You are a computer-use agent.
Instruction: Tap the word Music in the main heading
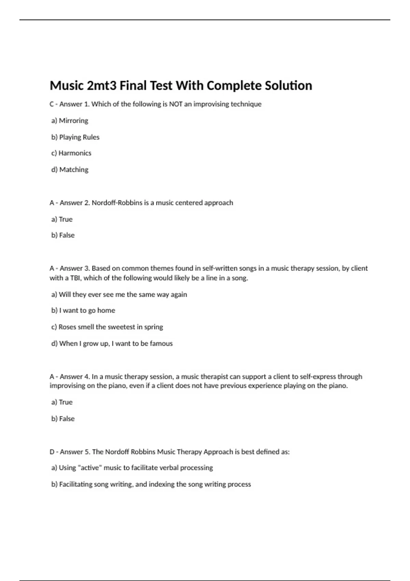pyautogui.click(x=67, y=85)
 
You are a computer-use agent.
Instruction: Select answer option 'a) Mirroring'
pyautogui.click(x=70, y=121)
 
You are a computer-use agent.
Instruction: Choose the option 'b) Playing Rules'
pyautogui.click(x=75, y=137)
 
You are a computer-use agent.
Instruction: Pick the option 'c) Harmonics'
pyautogui.click(x=71, y=153)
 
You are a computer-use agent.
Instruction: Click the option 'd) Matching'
pyautogui.click(x=70, y=170)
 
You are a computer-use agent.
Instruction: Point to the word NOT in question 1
pyautogui.click(x=176, y=104)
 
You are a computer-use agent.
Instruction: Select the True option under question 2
pyautogui.click(x=62, y=219)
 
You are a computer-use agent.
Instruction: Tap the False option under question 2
pyautogui.click(x=63, y=235)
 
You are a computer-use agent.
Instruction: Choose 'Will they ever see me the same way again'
pyautogui.click(x=119, y=294)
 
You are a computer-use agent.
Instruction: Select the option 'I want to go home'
pyautogui.click(x=83, y=310)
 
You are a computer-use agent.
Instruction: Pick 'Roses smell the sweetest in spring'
pyautogui.click(x=107, y=327)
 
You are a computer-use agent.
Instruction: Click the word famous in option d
pyautogui.click(x=161, y=343)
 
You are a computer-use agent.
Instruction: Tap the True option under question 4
pyautogui.click(x=62, y=402)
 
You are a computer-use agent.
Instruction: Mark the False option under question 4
pyautogui.click(x=63, y=419)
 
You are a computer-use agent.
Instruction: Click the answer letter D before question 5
pyautogui.click(x=52, y=452)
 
